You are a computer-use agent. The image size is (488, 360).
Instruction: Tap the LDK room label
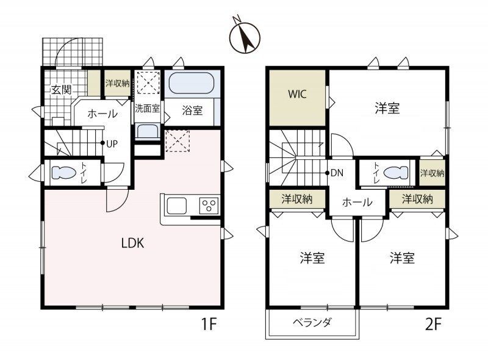(132, 242)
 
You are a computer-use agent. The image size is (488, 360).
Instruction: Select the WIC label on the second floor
(297, 95)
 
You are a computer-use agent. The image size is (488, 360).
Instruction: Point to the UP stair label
(112, 144)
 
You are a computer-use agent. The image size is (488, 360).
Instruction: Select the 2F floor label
(432, 324)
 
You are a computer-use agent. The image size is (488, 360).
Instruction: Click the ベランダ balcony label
(312, 323)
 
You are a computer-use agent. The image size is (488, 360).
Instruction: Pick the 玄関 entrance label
(60, 89)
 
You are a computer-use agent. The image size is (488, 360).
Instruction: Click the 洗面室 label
(146, 110)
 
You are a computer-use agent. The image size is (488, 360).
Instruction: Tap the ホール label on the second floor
(357, 203)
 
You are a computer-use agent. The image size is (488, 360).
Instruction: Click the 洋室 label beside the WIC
(387, 109)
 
